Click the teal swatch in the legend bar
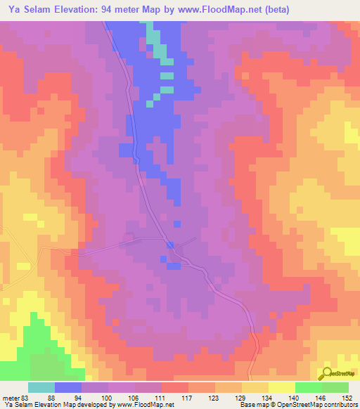41,387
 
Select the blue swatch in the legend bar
68,387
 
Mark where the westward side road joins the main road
170,244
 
